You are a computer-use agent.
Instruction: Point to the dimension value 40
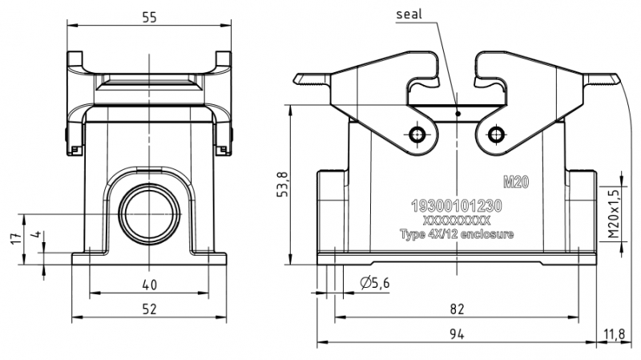pos(148,284)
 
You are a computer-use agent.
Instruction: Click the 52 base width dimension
pos(148,308)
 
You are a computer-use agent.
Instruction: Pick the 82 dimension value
pos(458,308)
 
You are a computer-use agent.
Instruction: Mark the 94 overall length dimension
pos(458,334)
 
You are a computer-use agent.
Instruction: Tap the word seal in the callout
pos(409,14)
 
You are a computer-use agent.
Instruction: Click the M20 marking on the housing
pos(516,182)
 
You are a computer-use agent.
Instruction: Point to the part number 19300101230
pos(456,206)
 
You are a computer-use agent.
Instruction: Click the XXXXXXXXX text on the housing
pos(456,220)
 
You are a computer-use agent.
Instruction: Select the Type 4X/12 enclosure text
pos(457,233)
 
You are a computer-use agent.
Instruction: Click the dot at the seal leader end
pos(458,114)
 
